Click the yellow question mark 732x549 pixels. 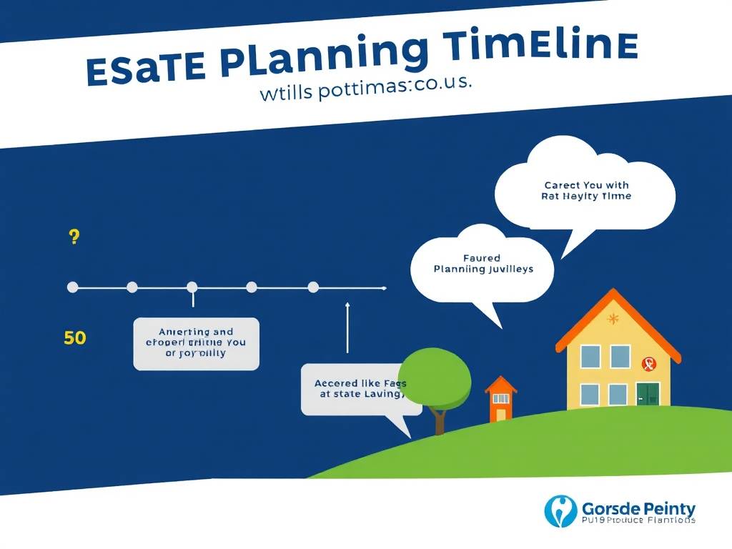pos(74,238)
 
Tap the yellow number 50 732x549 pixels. pos(74,337)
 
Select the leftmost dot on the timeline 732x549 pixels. pos(72,287)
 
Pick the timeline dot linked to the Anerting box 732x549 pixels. pos(192,287)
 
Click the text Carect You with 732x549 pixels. pos(586,185)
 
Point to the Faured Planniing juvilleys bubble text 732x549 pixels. pos(483,264)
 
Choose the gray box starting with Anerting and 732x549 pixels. pos(196,343)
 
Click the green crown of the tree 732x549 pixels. pos(435,376)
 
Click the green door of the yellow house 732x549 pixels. pos(648,394)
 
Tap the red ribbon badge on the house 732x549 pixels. pos(648,364)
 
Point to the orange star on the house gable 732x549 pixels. pos(612,319)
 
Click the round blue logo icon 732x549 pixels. pos(560,511)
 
